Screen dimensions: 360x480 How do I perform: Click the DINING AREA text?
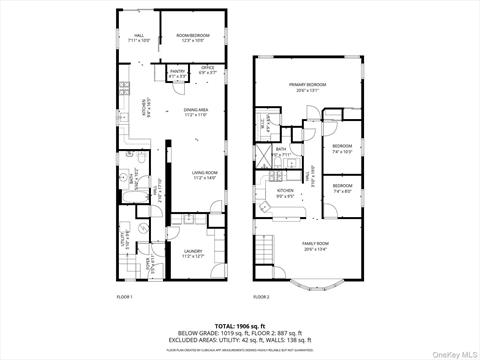195,112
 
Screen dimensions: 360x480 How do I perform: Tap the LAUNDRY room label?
193,255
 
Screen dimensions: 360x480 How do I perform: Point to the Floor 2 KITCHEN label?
285,193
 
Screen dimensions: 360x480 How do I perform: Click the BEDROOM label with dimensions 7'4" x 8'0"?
343,188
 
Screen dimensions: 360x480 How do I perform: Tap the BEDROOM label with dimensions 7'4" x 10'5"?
343,150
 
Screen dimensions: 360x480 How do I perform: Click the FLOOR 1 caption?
125,297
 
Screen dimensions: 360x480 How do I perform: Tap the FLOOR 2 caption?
261,297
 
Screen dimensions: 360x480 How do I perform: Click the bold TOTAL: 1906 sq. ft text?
239,325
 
